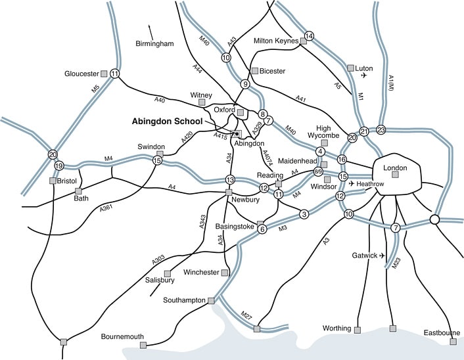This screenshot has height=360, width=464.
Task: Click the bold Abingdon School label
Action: pos(168,122)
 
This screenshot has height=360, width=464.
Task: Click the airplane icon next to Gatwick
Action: pos(381,256)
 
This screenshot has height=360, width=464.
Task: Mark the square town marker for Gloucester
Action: pos(104,74)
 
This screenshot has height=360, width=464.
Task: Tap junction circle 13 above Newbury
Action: pos(230,179)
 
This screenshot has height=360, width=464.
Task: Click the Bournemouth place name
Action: pos(122,337)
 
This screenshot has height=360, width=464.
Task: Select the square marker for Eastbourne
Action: pos(453,341)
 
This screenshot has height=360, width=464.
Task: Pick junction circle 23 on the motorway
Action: pos(381,129)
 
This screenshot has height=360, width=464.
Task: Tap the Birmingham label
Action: pos(154,44)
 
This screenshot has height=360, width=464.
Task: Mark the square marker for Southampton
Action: pos(211,300)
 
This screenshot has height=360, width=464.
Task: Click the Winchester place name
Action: pos(201,273)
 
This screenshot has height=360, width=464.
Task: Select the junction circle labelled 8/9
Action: pos(318,171)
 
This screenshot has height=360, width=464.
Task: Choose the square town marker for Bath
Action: pos(78,191)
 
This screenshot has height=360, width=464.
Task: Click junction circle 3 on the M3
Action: pos(304,214)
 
